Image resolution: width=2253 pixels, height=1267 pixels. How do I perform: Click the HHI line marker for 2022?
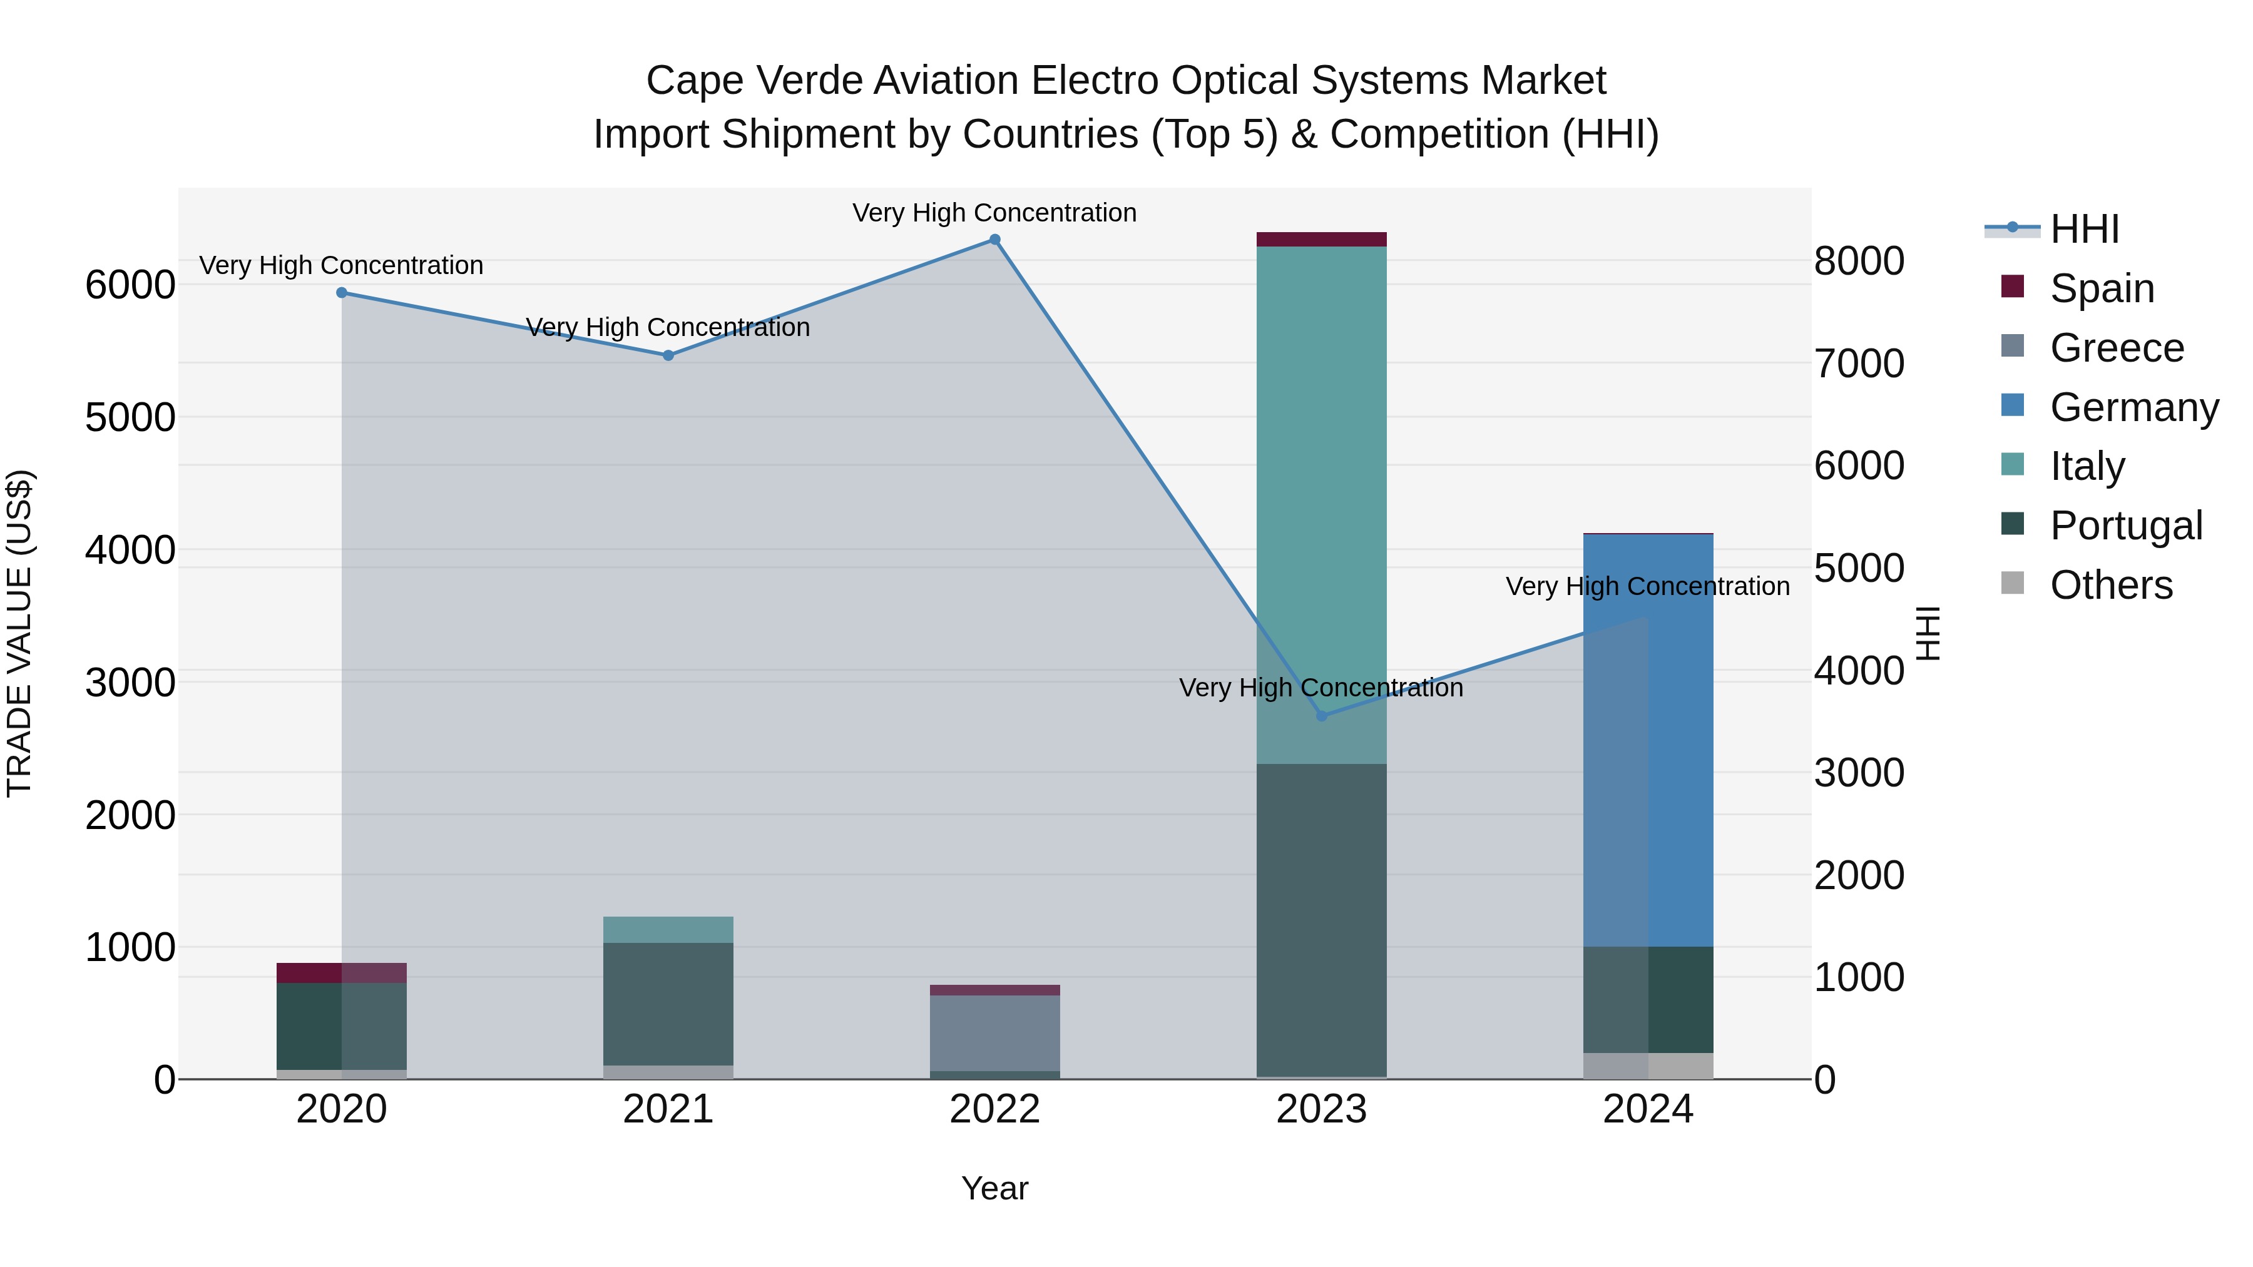click(x=994, y=240)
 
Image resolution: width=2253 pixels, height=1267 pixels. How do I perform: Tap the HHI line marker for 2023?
click(x=1322, y=716)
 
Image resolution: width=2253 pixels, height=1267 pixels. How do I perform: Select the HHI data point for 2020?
click(x=342, y=293)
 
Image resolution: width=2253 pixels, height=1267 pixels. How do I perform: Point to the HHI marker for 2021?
click(x=668, y=356)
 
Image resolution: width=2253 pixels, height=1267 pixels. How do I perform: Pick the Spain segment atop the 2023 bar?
click(x=1322, y=240)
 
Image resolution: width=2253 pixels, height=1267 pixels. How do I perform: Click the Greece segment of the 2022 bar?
click(x=994, y=1032)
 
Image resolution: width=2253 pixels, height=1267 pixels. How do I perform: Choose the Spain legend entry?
click(x=2101, y=288)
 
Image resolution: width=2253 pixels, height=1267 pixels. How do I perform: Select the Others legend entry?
click(x=2110, y=585)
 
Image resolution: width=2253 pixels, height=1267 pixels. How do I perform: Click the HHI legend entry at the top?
click(x=2083, y=229)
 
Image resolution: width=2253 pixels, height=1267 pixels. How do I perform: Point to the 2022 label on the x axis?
click(x=994, y=1109)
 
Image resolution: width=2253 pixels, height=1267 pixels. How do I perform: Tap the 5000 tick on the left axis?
click(x=130, y=417)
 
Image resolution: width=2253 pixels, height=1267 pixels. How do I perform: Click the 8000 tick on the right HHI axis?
click(x=1859, y=262)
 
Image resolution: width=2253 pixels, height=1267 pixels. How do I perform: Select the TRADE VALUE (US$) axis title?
click(x=19, y=633)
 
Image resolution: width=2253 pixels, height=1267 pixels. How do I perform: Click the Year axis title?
click(x=994, y=1188)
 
